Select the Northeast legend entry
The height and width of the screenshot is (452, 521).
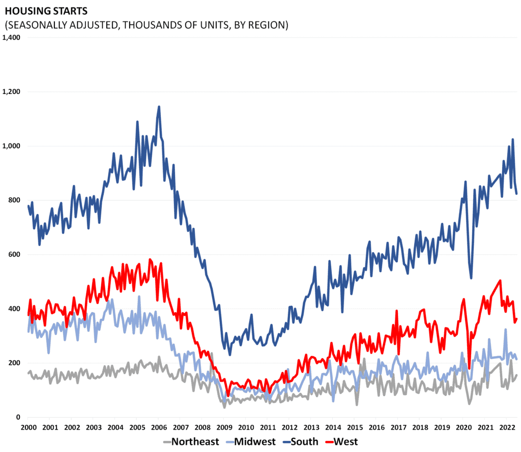coord(191,441)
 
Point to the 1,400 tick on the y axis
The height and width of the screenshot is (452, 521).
coord(11,38)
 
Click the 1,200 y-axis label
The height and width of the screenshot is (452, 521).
coord(11,92)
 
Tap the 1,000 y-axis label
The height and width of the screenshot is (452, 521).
coord(11,146)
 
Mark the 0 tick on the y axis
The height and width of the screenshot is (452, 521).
coord(17,417)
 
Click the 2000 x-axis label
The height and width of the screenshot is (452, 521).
coord(28,427)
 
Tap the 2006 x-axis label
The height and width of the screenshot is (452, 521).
coord(159,427)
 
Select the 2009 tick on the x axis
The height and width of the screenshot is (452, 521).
coord(224,427)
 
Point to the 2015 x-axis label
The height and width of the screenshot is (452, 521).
coord(355,427)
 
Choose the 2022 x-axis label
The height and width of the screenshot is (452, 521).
coord(507,427)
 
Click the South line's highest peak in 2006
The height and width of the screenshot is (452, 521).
coord(159,107)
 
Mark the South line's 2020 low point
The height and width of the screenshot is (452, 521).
coord(471,278)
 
